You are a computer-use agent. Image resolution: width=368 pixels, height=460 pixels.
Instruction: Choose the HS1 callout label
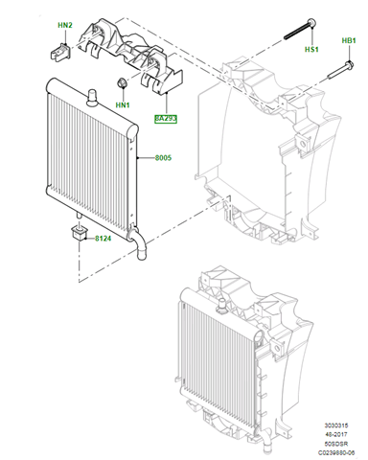[x=311, y=48]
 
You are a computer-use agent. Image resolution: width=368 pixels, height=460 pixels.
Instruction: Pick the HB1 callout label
[x=348, y=41]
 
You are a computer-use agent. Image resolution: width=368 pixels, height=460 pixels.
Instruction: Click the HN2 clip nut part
[x=58, y=48]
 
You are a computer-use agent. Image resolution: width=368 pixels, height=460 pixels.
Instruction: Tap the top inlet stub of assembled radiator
[x=223, y=307]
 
